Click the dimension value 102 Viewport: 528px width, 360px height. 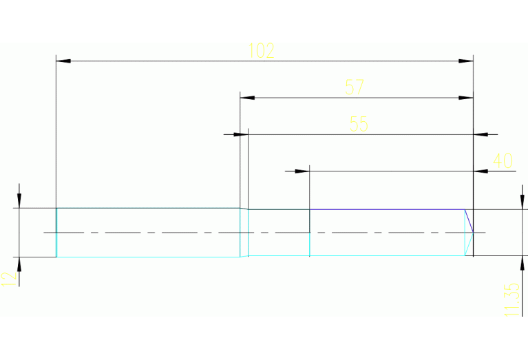click(x=261, y=50)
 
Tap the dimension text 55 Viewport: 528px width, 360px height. click(x=359, y=124)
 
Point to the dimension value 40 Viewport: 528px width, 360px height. click(x=503, y=161)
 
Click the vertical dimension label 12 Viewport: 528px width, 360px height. click(x=8, y=279)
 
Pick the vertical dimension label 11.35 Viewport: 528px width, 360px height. click(x=511, y=299)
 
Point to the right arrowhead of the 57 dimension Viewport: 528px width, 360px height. click(x=466, y=98)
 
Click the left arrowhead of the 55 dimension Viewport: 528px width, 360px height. click(x=233, y=134)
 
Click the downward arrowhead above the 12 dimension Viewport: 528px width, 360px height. click(x=19, y=200)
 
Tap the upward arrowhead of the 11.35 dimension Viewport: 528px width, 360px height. click(x=520, y=264)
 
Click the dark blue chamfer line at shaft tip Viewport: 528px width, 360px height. click(x=469, y=220)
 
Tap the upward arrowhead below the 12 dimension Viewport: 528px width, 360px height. click(x=19, y=264)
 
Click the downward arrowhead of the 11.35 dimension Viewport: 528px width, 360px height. click(x=520, y=202)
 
